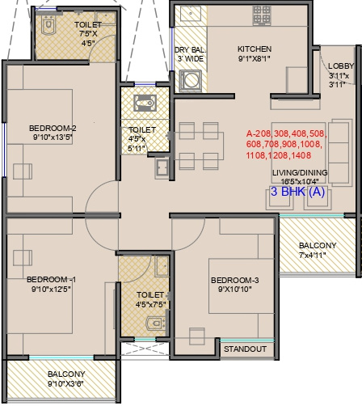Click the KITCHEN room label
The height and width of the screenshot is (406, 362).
[x=255, y=49]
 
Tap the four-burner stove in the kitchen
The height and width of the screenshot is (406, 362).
[x=262, y=15]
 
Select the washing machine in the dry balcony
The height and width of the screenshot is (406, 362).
[x=191, y=80]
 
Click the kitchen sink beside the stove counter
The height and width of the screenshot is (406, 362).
[x=191, y=14]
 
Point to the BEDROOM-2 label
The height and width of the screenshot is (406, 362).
[x=53, y=128]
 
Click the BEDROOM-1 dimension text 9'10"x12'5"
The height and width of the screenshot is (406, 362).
[x=51, y=290]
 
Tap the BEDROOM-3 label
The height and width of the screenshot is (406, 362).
[x=235, y=281]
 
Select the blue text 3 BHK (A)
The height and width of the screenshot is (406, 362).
[x=297, y=192]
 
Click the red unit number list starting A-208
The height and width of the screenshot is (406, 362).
[x=287, y=145]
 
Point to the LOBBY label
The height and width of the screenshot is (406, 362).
[x=341, y=66]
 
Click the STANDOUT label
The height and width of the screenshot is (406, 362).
[x=245, y=349]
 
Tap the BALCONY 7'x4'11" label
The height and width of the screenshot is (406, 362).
[x=318, y=250]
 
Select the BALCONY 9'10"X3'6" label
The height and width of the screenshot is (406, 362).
[x=66, y=379]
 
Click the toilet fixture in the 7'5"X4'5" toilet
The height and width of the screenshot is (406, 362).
[x=48, y=24]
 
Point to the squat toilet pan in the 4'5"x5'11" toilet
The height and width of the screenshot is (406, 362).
[x=145, y=103]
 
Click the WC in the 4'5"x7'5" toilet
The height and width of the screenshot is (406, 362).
[x=156, y=323]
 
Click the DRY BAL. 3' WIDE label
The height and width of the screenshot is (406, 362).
[x=191, y=54]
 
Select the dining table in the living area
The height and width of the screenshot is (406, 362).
[x=199, y=146]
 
